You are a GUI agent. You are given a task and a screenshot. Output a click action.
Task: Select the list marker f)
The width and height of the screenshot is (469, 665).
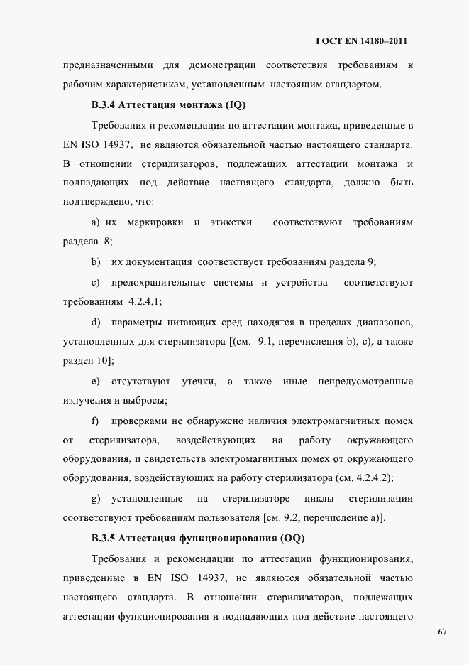coord(95,421)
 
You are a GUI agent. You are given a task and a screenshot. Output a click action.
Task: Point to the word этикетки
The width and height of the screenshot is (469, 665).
coord(231,222)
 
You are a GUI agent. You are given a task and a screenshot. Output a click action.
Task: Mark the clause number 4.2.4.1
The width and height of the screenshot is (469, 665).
coord(145,301)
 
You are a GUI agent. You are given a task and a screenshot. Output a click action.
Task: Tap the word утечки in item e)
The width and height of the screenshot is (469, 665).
coord(199,382)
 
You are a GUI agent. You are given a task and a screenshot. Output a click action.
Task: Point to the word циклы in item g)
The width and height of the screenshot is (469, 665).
coord(319,498)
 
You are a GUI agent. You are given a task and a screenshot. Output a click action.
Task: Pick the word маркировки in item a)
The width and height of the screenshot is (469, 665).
coord(155,222)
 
